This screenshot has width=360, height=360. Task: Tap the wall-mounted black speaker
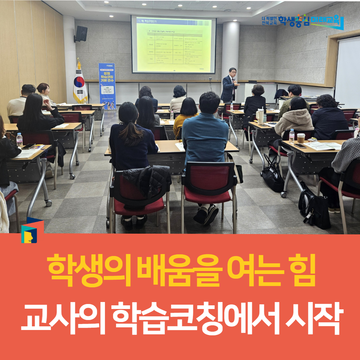click(81, 34)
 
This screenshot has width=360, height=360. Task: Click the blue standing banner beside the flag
click(107, 86)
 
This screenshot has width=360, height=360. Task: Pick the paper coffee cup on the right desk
click(301, 138)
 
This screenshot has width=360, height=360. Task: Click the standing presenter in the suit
click(230, 86)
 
